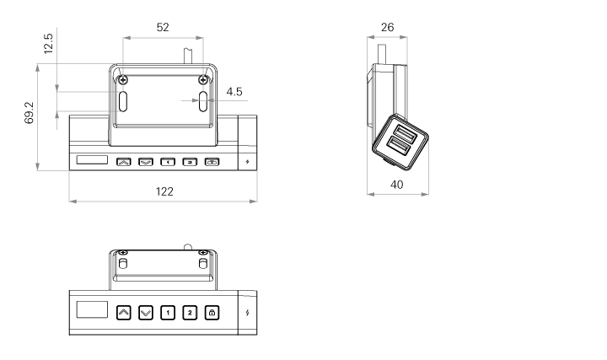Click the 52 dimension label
pos(163,27)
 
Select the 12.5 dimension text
pos(48,43)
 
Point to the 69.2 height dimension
pos(29,113)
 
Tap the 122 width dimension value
pos(164,191)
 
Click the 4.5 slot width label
pos(234,92)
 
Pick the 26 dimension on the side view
pos(387,27)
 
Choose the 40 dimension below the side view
pos(396,185)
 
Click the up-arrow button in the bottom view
pos(124,313)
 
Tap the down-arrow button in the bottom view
pos(146,313)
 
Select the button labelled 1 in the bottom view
pos(168,313)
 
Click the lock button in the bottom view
pos(212,313)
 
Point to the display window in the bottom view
pos(92,309)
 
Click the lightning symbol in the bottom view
pos(247,313)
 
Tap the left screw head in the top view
pos(123,80)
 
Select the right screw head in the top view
pos(202,80)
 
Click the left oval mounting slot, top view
pos(123,101)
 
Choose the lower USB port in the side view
pos(398,147)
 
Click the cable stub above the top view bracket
pos(189,56)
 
